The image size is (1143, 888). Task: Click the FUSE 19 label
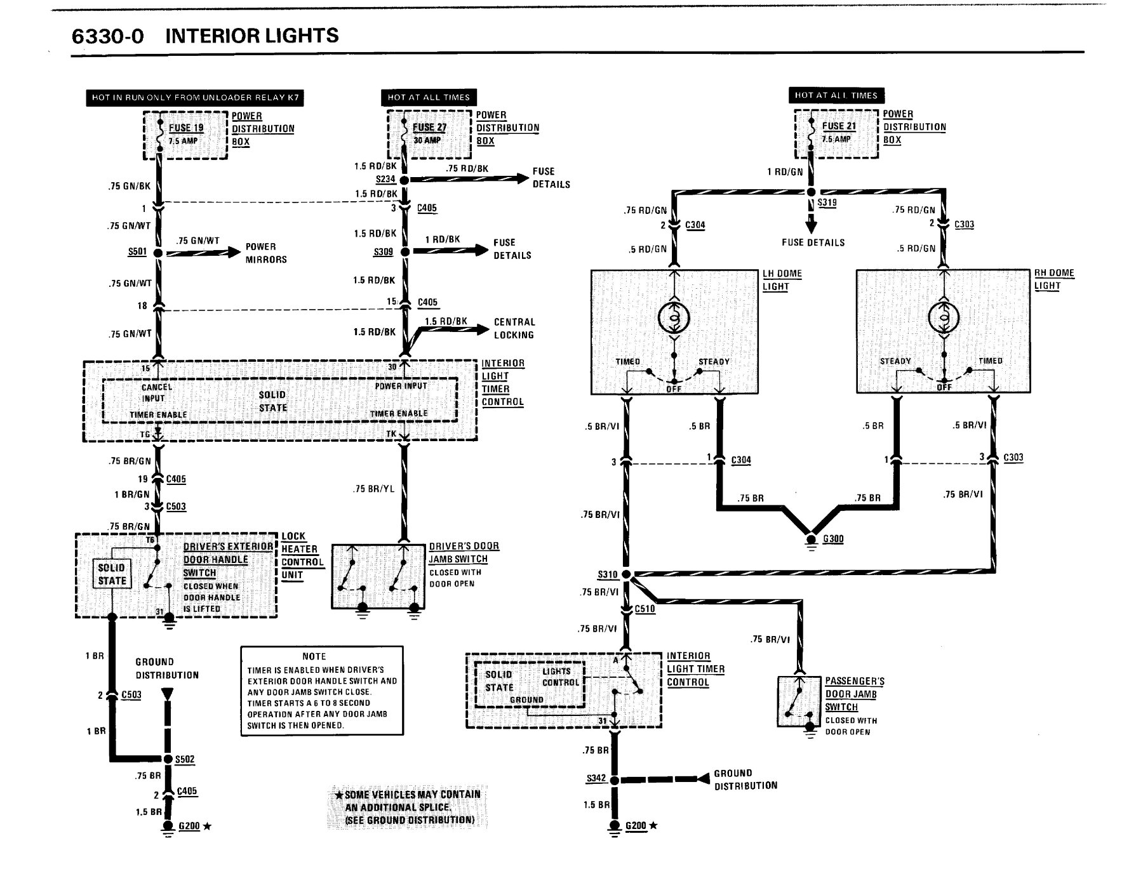pos(186,128)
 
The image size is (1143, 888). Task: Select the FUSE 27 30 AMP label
pos(429,133)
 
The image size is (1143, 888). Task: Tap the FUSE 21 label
pos(839,126)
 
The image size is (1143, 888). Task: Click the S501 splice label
pos(137,252)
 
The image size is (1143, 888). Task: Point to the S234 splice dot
pos(404,180)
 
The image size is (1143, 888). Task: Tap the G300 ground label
pos(833,539)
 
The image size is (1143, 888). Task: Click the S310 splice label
pos(608,574)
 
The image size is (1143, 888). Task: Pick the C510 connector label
pos(645,609)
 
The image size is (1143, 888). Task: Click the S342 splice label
pos(596,779)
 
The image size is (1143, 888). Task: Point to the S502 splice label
pos(185,759)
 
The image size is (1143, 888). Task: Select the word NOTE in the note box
pos(314,656)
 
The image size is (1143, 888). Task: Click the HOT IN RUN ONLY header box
pos(195,98)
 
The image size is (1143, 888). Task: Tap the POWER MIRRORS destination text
pos(266,253)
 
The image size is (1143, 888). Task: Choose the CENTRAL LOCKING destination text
pos(514,328)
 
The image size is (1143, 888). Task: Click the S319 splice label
pos(827,202)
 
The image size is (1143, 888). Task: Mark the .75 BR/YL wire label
pos(373,489)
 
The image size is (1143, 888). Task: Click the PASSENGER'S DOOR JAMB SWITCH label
pos(855,694)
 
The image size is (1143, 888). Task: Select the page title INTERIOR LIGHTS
pos(252,36)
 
